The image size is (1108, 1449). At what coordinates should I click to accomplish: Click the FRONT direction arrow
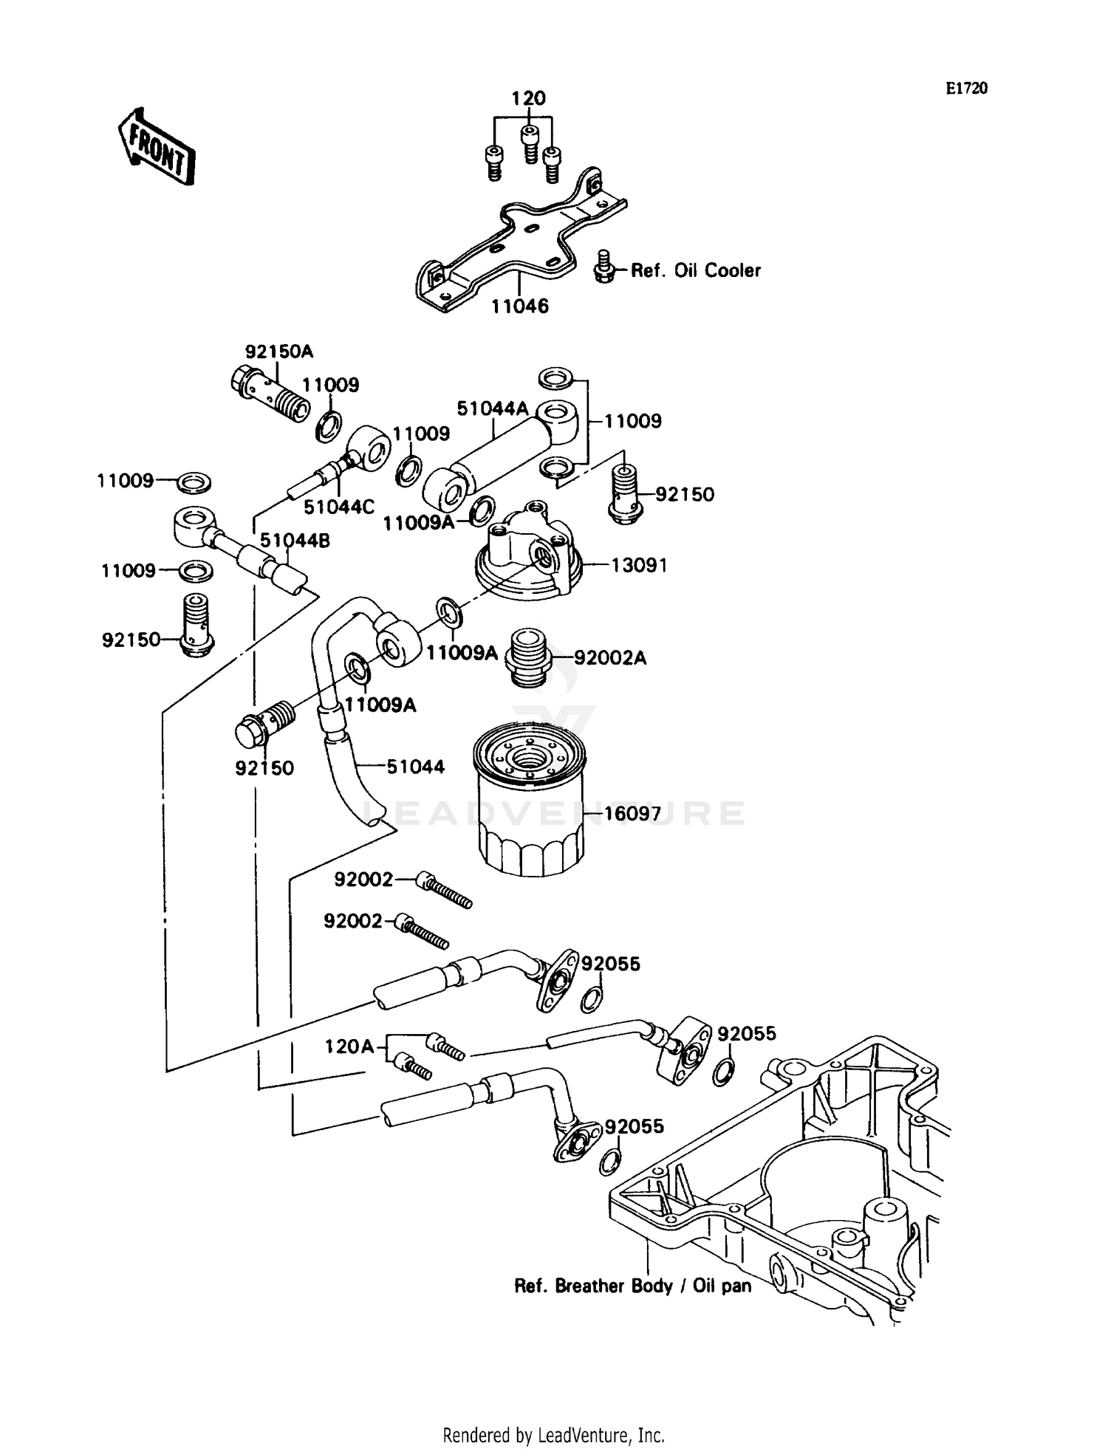coord(157,146)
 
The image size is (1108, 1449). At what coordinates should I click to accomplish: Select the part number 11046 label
coord(521,306)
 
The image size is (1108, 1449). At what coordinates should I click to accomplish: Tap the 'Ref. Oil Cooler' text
coord(695,270)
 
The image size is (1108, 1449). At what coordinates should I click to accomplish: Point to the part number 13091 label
coord(639,565)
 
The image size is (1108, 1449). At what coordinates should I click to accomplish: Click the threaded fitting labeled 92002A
coord(527,657)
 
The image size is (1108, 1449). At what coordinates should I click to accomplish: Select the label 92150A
coord(279,352)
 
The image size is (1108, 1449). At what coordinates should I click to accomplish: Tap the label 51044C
coord(339,507)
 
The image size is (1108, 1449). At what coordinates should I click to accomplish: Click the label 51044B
coord(295,541)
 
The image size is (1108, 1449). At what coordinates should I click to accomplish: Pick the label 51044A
coord(493,408)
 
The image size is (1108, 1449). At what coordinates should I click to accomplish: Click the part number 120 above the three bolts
coord(529,98)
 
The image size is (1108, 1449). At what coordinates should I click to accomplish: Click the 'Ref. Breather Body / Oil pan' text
coord(632,1286)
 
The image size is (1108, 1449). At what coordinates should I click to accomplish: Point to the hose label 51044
coord(416,767)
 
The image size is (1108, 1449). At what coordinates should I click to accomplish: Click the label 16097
coord(632,814)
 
